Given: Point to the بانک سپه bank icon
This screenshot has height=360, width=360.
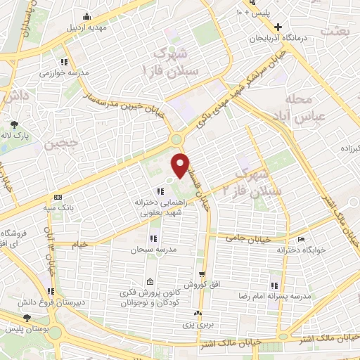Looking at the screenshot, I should pyautogui.click(x=57, y=197).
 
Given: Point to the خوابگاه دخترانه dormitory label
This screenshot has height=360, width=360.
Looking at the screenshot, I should pyautogui.click(x=300, y=250).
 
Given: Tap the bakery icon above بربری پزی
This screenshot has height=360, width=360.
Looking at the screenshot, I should pyautogui.click(x=199, y=314).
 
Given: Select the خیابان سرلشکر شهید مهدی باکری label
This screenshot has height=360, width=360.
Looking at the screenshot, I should pyautogui.click(x=253, y=77).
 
